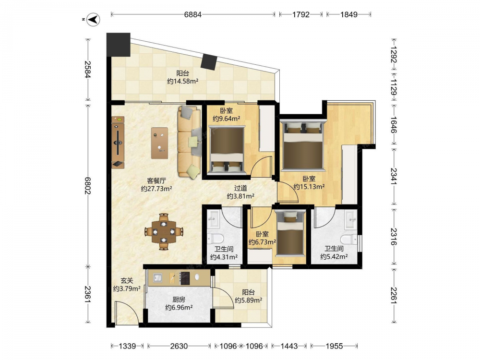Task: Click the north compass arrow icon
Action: (94, 20)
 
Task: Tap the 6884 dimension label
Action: (193, 14)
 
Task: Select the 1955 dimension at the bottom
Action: (334, 346)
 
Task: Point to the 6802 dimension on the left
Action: (88, 185)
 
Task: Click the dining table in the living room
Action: (164, 232)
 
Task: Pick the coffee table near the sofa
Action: (159, 143)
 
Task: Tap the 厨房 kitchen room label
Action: (179, 300)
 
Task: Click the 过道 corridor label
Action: (240, 188)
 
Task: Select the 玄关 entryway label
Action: (127, 280)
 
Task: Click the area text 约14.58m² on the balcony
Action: (183, 81)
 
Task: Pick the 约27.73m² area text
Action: (156, 189)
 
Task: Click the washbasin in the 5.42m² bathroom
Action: (351, 219)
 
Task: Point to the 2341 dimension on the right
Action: (394, 176)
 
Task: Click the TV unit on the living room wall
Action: (118, 143)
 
